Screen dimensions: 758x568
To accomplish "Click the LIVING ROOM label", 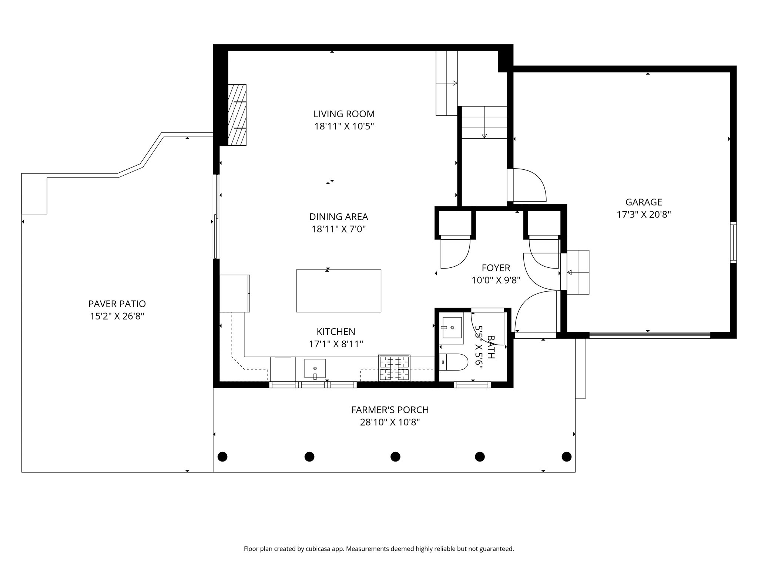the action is [x=344, y=114].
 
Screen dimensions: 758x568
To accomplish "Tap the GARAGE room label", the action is [x=644, y=202].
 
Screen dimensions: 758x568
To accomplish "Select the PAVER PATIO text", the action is [x=117, y=304].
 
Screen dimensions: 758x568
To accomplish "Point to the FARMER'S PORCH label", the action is [x=390, y=410].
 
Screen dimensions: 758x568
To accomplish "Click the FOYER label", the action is [x=496, y=268].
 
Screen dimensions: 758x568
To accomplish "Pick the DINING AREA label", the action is [x=339, y=217].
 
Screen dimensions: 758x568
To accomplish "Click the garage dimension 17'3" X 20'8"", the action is [x=644, y=215].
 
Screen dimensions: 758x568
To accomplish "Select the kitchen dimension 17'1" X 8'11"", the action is [x=336, y=344].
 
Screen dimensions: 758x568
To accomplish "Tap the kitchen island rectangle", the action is [x=338, y=291].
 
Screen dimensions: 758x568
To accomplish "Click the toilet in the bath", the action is [x=454, y=362].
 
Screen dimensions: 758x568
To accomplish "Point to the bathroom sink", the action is [x=452, y=328].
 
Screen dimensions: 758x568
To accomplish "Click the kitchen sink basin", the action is [x=315, y=369].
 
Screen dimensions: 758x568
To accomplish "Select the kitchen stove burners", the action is [x=394, y=368].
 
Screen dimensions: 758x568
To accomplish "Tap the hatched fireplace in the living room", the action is [x=237, y=115].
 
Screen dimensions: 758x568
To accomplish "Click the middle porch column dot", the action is [x=395, y=457].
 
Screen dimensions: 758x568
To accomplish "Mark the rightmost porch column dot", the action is [x=566, y=457].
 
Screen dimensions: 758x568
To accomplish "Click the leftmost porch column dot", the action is [x=222, y=457].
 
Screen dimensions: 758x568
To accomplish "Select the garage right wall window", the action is [x=733, y=242].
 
